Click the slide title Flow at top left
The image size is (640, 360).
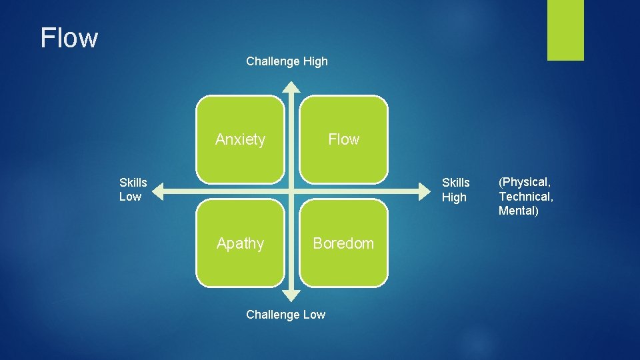click(x=69, y=38)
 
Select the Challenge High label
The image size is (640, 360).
click(x=287, y=61)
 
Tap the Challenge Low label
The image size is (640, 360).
click(x=285, y=315)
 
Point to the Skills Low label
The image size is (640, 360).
click(x=133, y=189)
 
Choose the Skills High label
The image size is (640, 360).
click(x=455, y=190)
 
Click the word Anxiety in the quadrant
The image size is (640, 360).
click(x=240, y=139)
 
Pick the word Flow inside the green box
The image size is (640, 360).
click(x=343, y=139)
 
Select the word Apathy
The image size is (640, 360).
click(x=240, y=243)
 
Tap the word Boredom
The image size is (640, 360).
click(x=343, y=243)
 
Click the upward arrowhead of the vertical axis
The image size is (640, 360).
click(x=291, y=86)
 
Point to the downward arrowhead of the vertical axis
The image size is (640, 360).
click(x=291, y=295)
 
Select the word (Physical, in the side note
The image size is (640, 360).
click(x=525, y=182)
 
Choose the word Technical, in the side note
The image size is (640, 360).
click(x=526, y=197)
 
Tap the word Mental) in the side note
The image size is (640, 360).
click(x=518, y=211)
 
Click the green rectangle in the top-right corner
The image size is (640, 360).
click(x=565, y=30)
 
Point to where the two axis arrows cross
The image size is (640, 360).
click(x=291, y=193)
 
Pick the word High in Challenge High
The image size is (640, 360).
click(x=315, y=61)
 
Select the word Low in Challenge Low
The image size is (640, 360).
click(x=313, y=315)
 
